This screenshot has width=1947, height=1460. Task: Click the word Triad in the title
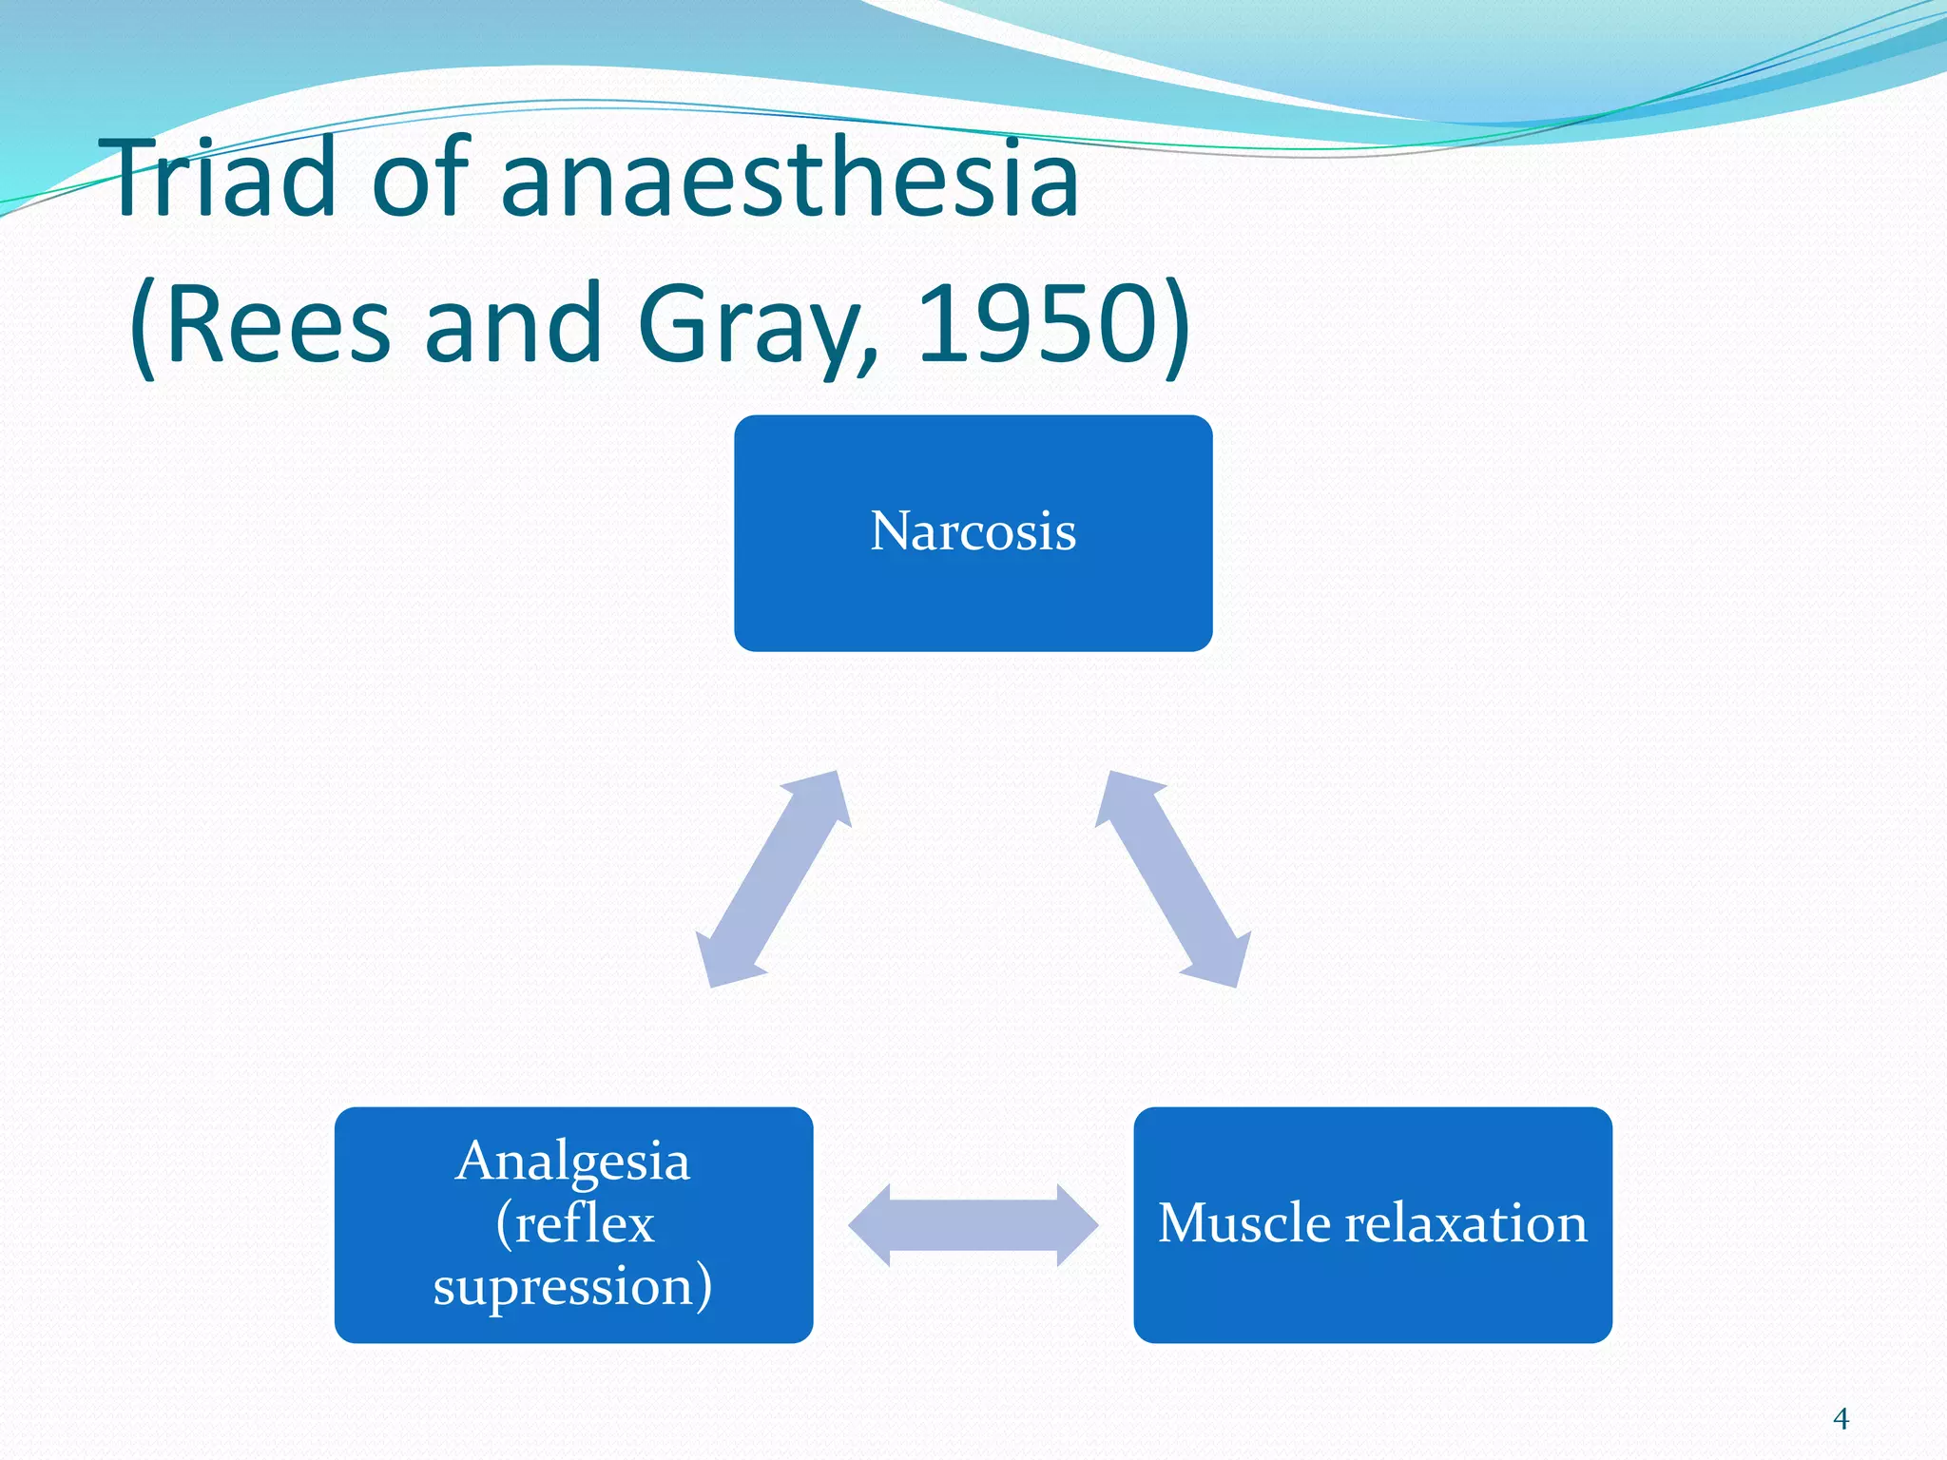[x=223, y=179]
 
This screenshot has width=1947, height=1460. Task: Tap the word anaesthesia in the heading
[x=789, y=179]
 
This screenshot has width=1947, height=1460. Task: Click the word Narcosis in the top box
[x=973, y=531]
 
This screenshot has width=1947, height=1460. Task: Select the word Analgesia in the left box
[x=572, y=1162]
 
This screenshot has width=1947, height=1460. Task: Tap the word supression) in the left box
[x=572, y=1287]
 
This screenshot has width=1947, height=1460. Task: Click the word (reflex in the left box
[x=574, y=1224]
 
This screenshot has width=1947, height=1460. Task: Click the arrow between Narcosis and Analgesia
[x=773, y=879]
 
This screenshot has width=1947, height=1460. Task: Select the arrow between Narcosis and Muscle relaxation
[x=1173, y=879]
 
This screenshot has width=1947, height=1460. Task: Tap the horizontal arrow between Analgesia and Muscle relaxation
[x=973, y=1225]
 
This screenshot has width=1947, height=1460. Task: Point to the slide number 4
[x=1841, y=1419]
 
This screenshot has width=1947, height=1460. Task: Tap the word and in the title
[x=513, y=325]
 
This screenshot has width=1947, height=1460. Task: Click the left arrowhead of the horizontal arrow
[x=871, y=1225]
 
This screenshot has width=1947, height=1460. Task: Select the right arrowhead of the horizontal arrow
[x=1076, y=1225]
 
